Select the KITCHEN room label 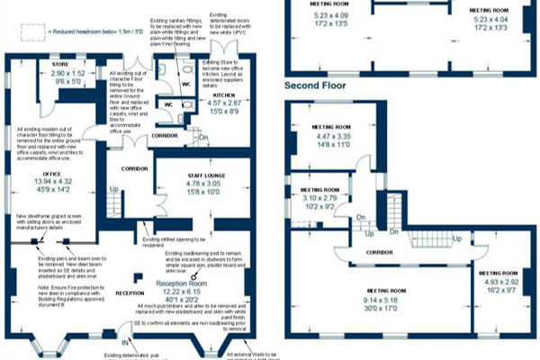point(223,94)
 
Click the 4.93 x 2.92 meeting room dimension point(498,281)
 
